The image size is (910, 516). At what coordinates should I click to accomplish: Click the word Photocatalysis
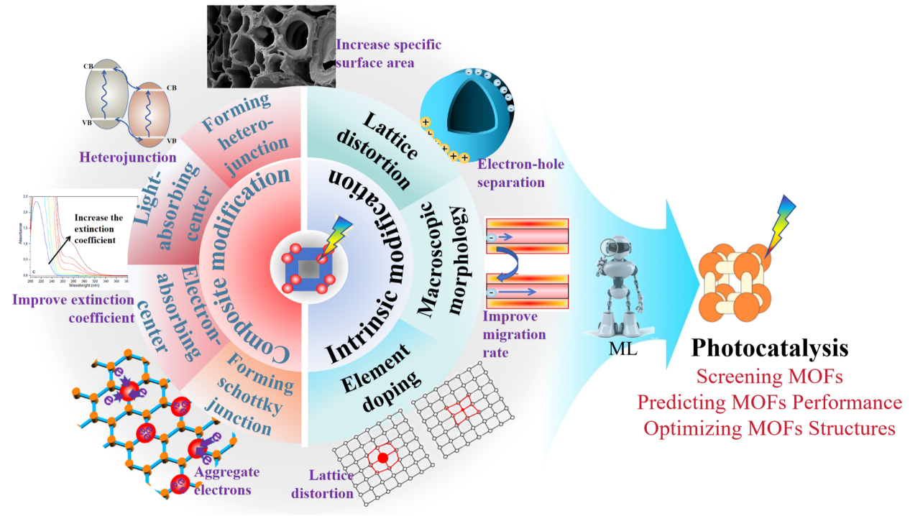[x=769, y=349]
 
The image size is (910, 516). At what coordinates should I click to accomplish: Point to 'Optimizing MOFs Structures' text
[x=769, y=428]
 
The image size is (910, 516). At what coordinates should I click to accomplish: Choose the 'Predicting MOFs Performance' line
[x=769, y=402]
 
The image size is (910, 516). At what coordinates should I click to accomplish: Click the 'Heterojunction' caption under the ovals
[x=128, y=157]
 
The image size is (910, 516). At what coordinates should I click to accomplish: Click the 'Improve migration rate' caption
[x=514, y=335]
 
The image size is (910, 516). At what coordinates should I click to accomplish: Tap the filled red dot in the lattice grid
[x=382, y=458]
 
